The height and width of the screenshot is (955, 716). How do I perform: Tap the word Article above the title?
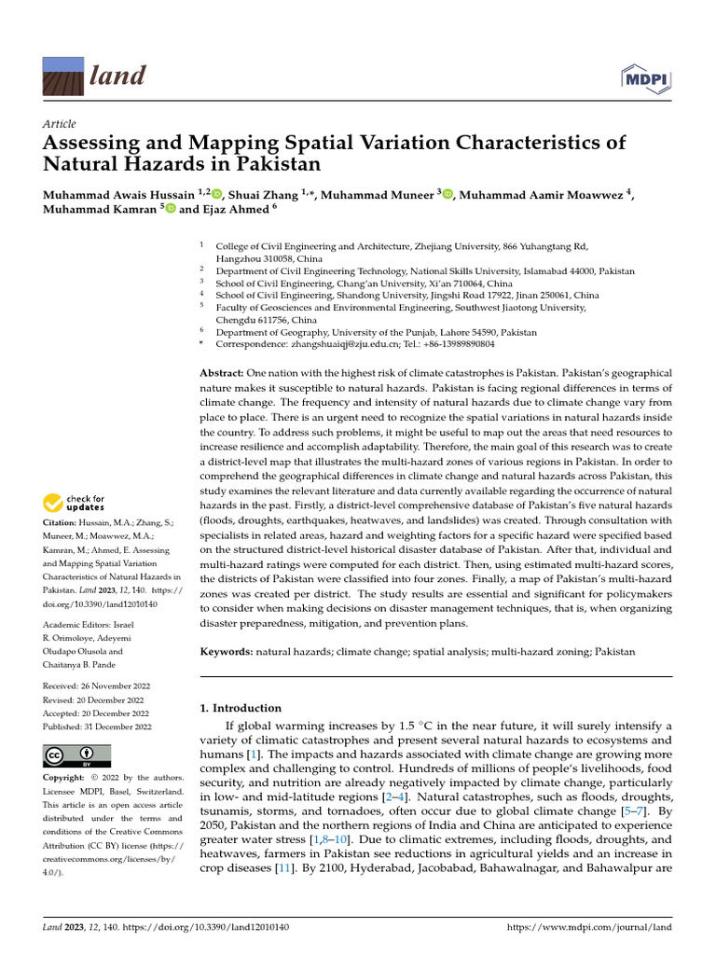[60, 124]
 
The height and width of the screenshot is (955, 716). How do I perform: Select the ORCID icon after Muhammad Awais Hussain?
[216, 194]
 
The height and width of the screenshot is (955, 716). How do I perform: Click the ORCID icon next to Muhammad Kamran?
[170, 210]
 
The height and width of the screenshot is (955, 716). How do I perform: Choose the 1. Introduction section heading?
[241, 708]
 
